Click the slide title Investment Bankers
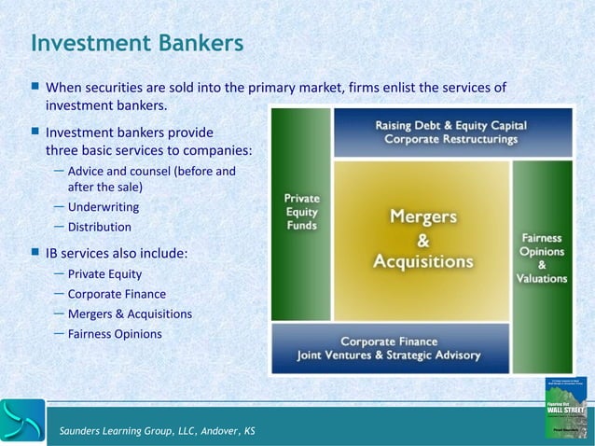coord(137,43)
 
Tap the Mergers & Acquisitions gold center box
coord(422,240)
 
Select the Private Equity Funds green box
coord(301,215)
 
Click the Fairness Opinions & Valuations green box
coord(541,240)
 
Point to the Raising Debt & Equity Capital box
coord(450,132)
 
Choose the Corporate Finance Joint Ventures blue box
coord(389,348)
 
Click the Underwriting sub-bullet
coord(104,206)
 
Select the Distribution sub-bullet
coord(99,227)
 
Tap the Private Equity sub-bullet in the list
coord(104,274)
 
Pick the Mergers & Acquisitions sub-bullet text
coord(130,314)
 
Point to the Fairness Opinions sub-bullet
coord(115,333)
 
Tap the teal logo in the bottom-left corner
coord(22,421)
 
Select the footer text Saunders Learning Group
coord(156,430)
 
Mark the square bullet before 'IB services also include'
coord(35,252)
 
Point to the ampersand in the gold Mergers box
coord(422,240)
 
